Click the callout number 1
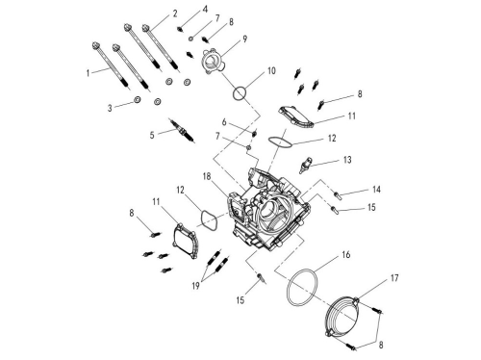tap(88, 73)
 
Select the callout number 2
tap(175, 13)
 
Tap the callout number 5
tap(152, 135)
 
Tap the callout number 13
tap(347, 160)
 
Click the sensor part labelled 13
tap(305, 165)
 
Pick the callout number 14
tap(376, 190)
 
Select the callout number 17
tap(394, 277)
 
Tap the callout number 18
tap(207, 176)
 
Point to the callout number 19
tap(195, 286)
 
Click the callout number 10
tap(271, 70)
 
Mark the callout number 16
tap(345, 255)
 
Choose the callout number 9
tap(244, 39)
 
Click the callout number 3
tap(110, 108)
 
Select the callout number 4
tap(205, 10)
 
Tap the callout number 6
tap(224, 122)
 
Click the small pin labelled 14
tap(338, 194)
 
